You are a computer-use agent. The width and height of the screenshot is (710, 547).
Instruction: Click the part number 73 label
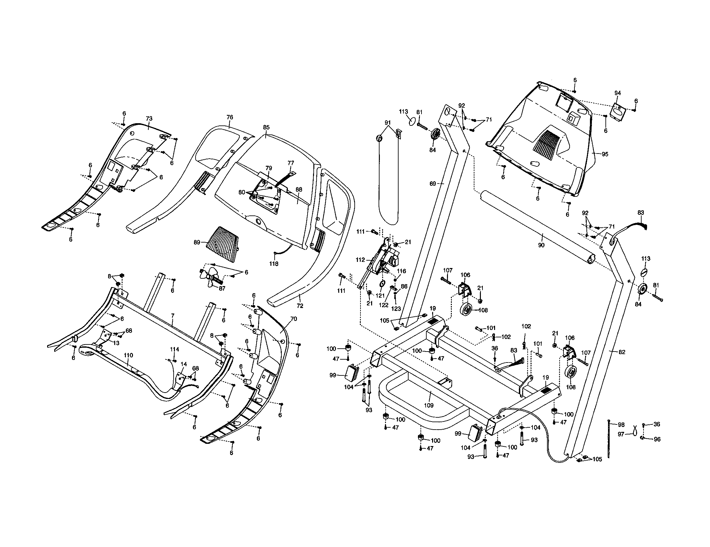click(149, 119)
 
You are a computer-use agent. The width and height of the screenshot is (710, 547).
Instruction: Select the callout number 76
click(229, 117)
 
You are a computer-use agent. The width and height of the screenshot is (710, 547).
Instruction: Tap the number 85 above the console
click(266, 127)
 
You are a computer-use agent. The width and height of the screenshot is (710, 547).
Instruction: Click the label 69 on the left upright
click(433, 184)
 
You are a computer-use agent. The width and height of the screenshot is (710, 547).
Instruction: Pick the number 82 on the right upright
click(622, 352)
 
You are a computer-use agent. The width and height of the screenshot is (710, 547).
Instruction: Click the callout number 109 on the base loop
click(429, 405)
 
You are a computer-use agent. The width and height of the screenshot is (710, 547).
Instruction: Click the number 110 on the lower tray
click(128, 356)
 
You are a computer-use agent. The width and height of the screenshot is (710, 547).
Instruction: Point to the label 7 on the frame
click(173, 316)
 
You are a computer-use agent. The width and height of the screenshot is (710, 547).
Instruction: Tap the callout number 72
click(300, 306)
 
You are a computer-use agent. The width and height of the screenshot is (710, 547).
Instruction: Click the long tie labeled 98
click(608, 439)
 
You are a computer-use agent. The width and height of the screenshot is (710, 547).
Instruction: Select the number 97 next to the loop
click(621, 434)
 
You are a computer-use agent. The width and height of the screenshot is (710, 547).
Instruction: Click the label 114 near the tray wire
click(175, 349)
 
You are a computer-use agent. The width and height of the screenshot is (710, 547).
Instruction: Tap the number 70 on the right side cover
click(293, 319)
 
